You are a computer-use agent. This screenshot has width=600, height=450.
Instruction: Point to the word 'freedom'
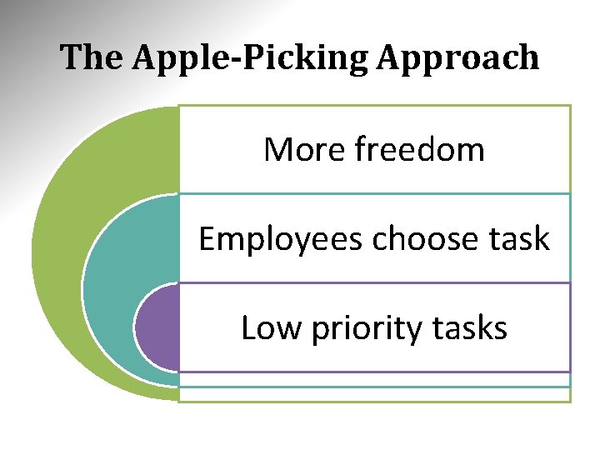pyautogui.click(x=419, y=150)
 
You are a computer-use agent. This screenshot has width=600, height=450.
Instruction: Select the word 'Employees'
pyautogui.click(x=281, y=240)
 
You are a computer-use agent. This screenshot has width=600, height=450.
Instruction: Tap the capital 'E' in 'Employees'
pyautogui.click(x=207, y=239)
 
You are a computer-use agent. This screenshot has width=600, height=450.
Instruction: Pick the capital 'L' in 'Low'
pyautogui.click(x=247, y=328)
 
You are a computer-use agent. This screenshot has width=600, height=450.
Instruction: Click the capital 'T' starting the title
pyautogui.click(x=69, y=58)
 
